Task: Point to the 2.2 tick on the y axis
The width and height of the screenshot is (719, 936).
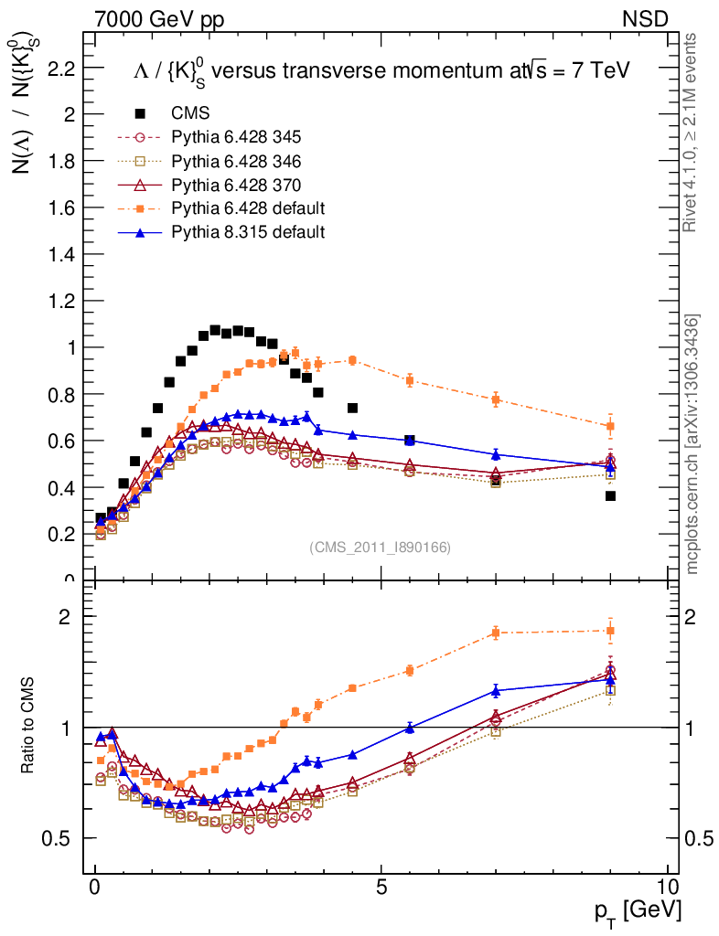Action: click(61, 68)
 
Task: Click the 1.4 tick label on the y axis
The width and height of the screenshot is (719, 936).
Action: click(61, 254)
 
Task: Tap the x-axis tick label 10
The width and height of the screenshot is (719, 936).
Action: click(668, 888)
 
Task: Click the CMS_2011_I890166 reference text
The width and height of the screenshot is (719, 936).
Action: click(381, 547)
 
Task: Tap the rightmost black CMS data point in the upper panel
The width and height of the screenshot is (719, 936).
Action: click(610, 495)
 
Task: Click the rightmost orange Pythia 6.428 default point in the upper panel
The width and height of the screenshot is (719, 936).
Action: click(610, 426)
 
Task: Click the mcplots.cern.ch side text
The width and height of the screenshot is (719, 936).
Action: click(693, 444)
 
